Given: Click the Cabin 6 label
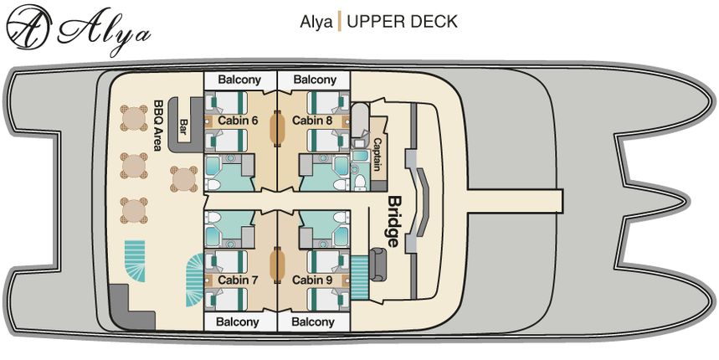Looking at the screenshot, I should point(238,121).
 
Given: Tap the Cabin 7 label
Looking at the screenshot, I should point(238,280).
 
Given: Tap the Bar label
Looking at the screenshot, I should point(184,126).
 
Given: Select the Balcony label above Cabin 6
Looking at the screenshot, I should point(239,80).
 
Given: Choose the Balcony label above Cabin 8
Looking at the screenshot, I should point(314,80).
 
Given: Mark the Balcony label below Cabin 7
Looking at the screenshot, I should point(239,321).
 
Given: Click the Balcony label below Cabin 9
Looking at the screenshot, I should point(314,321).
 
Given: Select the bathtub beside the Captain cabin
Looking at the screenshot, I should point(361,122).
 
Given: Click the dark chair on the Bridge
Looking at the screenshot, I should point(378,265).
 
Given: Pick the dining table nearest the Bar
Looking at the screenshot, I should point(184,178).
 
